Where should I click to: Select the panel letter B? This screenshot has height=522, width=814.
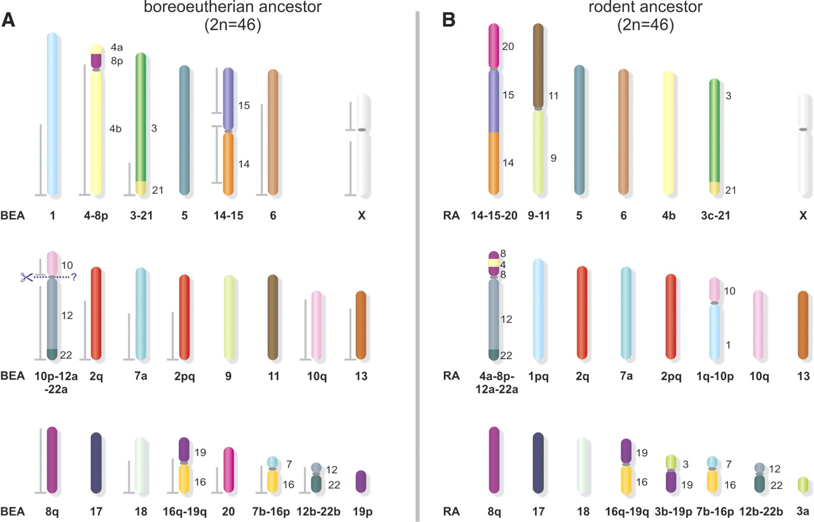point(448,20)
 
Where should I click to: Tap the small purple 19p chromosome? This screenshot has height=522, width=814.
point(361,481)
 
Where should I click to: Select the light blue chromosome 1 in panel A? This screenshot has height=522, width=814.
point(54,114)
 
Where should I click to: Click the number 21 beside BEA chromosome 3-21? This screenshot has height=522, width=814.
point(157,189)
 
